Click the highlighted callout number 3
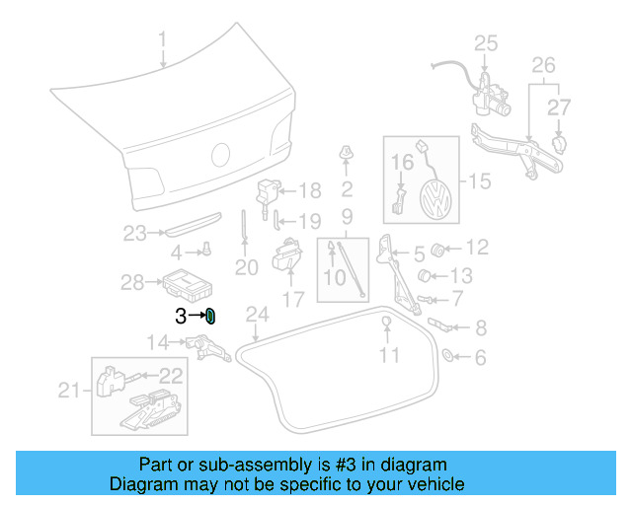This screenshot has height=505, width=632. (x=181, y=316)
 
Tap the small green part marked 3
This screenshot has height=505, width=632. (x=210, y=316)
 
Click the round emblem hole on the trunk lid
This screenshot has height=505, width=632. (x=221, y=155)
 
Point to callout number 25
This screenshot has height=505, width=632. (x=486, y=42)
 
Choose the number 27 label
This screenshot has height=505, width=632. (x=559, y=106)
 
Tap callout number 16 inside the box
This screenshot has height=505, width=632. (x=403, y=162)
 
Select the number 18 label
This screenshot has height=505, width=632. (x=310, y=190)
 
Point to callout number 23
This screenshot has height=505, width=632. (x=134, y=234)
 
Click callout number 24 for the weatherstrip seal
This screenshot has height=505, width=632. (x=257, y=315)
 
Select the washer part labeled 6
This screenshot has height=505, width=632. (x=446, y=354)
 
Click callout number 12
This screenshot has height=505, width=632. (x=477, y=247)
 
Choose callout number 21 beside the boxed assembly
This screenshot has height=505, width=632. (x=67, y=391)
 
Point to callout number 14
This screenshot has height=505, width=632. (x=158, y=342)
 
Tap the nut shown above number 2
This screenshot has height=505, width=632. (x=347, y=152)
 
